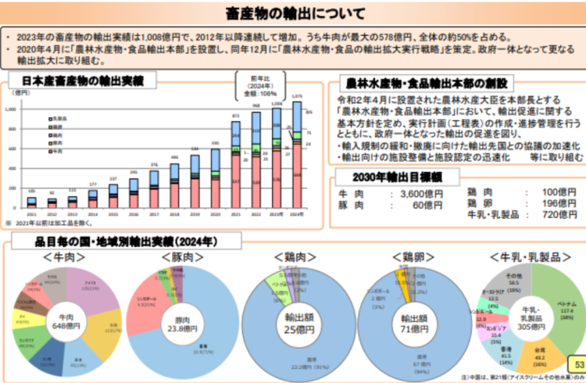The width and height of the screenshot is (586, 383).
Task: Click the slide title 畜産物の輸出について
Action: tap(294, 13)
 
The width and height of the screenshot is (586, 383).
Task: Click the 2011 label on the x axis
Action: tap(32, 213)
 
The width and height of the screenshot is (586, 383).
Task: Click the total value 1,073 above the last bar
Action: tap(296, 97)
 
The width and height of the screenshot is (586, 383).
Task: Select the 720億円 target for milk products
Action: tap(560, 214)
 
